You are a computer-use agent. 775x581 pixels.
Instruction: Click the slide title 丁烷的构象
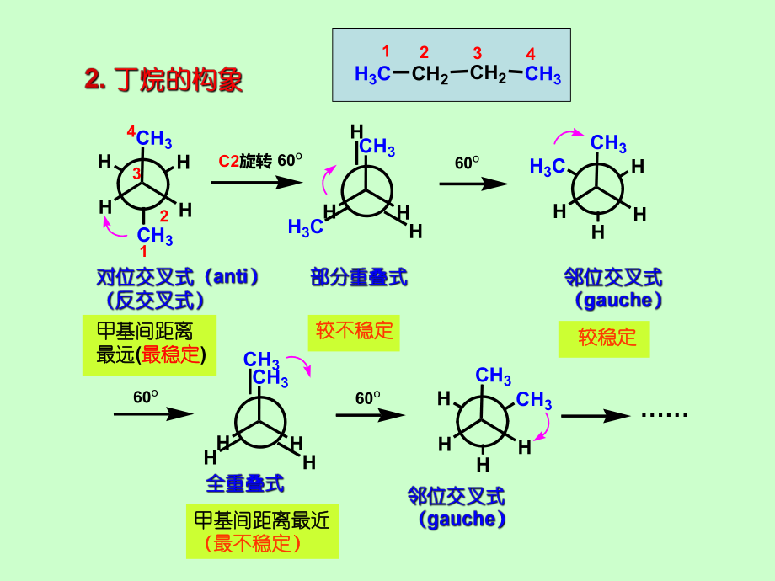point(163,81)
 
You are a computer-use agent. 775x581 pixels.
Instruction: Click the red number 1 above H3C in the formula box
point(386,51)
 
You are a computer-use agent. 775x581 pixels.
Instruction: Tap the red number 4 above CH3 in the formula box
point(531,53)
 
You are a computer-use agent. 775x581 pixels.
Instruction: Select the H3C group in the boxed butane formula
point(372,75)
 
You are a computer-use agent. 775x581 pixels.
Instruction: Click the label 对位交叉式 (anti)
point(178,277)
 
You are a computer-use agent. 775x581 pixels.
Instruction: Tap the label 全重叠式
point(245,483)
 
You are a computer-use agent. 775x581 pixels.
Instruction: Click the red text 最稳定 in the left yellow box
point(172,354)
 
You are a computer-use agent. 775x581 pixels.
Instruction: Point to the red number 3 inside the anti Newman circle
point(136,174)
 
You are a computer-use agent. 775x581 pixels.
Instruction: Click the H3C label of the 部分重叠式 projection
point(305,227)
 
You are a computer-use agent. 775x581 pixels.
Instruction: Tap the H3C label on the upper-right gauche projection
point(547,167)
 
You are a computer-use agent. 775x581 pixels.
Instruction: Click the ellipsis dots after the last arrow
point(665,414)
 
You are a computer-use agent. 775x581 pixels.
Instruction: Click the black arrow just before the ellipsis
point(595,415)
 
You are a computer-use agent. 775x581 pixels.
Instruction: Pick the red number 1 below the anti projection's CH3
point(143,251)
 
